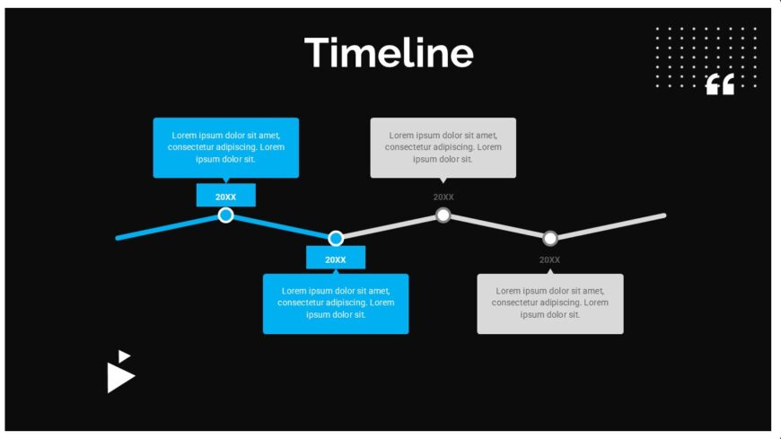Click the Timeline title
click(x=389, y=53)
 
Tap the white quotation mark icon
click(x=720, y=84)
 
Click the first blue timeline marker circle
click(x=225, y=215)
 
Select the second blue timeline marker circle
click(x=336, y=238)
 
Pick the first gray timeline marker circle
click(x=443, y=215)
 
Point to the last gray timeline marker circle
click(x=550, y=238)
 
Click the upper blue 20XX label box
click(x=225, y=196)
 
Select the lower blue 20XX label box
click(x=336, y=258)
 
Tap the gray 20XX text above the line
click(x=443, y=198)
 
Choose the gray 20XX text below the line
click(x=549, y=260)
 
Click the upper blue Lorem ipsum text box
click(x=225, y=148)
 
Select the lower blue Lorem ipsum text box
click(x=336, y=303)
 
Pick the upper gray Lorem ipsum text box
click(x=443, y=148)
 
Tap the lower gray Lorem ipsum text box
click(x=550, y=303)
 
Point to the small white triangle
click(x=123, y=356)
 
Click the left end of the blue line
click(x=118, y=238)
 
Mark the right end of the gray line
click(x=664, y=215)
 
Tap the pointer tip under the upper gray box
click(x=443, y=183)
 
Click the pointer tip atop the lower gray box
click(x=550, y=269)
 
